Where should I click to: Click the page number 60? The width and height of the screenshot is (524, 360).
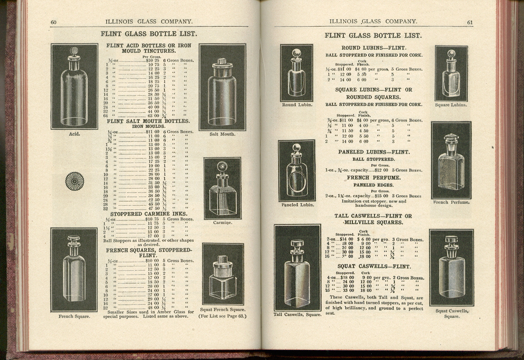click(53, 22)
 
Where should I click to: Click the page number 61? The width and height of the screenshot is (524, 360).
click(470, 22)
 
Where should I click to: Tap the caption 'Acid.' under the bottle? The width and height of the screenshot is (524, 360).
click(74, 134)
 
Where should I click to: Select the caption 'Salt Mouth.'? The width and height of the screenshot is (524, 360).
click(222, 134)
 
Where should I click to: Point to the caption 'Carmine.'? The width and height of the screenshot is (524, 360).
click(222, 223)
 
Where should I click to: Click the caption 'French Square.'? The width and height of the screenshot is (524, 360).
click(74, 316)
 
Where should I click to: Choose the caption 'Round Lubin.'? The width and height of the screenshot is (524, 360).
click(297, 104)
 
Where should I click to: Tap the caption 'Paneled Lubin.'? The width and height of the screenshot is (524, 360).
click(297, 205)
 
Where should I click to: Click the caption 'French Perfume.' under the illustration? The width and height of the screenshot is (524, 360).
click(452, 202)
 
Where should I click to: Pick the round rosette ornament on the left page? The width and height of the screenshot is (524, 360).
click(75, 181)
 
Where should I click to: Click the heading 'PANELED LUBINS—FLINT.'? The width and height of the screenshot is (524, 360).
click(373, 152)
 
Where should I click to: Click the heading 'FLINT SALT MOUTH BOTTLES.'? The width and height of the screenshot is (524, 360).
click(148, 121)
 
